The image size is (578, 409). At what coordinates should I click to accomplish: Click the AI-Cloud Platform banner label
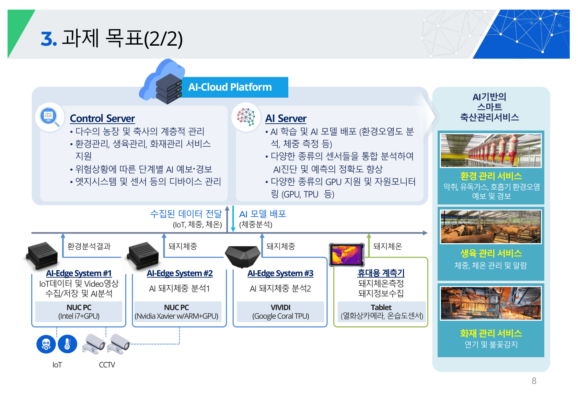coord(230,87)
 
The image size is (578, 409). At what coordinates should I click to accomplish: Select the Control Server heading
coord(102,118)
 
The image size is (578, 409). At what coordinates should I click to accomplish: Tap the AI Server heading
coord(286,118)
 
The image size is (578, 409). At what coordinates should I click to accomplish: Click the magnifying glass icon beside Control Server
coord(50,117)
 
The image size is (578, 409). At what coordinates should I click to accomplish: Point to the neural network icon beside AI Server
coord(246,117)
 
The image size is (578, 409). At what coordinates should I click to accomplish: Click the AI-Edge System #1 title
coord(79,273)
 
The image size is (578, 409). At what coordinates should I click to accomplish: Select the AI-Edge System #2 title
coord(180,273)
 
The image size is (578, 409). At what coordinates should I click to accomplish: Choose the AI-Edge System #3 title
coord(280,273)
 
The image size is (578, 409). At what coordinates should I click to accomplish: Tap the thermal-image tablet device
coord(347,254)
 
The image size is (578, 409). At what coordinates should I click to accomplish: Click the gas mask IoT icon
coord(46,344)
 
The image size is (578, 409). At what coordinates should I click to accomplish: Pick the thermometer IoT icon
coord(67,344)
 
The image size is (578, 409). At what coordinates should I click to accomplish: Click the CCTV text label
coord(107,365)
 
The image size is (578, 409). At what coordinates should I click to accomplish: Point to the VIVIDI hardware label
coord(280,308)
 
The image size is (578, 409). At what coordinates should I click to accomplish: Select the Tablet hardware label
coord(381,308)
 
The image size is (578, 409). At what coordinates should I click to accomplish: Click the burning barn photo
coord(491,303)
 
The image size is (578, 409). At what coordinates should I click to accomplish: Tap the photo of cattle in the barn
coord(491,227)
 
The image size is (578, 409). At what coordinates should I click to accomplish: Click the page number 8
coord(534,381)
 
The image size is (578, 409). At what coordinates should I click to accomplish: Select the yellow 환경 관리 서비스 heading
coord(491,177)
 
